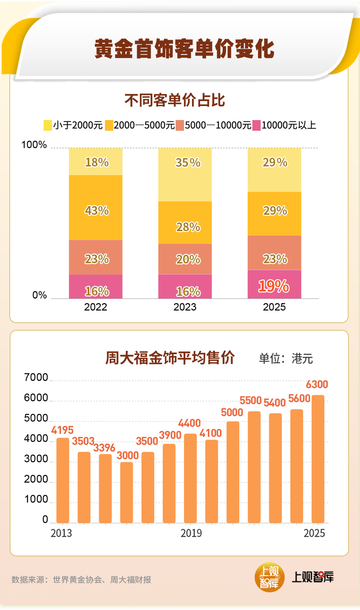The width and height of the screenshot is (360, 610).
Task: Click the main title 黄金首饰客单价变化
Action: (184, 49)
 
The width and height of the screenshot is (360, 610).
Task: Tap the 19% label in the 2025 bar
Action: (274, 286)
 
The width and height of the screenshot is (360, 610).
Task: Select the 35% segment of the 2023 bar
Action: (185, 175)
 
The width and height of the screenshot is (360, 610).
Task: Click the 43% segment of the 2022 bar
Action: (96, 208)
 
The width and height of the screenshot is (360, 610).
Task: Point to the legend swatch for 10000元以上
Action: (256, 125)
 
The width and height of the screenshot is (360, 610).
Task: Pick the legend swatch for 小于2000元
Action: (48, 125)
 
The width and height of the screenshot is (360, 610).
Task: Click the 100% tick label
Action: (34, 144)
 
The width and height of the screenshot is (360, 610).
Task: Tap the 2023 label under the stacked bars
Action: (185, 307)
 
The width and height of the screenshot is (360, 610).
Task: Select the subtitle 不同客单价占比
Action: (175, 100)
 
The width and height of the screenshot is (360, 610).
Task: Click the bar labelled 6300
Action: (318, 459)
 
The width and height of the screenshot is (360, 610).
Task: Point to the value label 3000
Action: (128, 455)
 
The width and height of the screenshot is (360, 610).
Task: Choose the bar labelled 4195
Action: (63, 480)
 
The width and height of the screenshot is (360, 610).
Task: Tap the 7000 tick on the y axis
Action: (36, 377)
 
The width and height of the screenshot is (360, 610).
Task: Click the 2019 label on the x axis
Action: (191, 533)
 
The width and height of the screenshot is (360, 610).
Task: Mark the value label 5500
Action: (250, 400)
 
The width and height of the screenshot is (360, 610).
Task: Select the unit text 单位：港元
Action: (286, 358)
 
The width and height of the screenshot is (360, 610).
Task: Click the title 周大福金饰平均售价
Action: (170, 358)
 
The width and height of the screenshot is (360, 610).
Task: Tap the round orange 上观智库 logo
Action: (269, 577)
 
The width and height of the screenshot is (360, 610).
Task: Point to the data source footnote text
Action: (81, 580)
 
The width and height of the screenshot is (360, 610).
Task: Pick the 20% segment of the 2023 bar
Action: (185, 259)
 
